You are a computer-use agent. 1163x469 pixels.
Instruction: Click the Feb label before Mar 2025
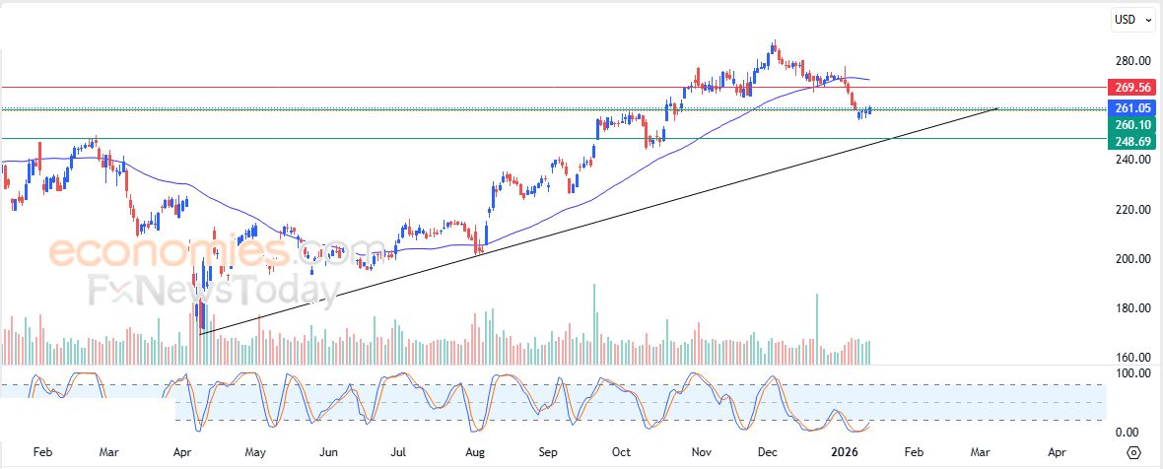[42, 452]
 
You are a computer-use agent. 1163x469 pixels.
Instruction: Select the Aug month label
[474, 452]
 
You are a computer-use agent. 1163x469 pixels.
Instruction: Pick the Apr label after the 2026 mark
[1057, 452]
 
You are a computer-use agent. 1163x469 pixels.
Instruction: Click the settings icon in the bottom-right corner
[1133, 452]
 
